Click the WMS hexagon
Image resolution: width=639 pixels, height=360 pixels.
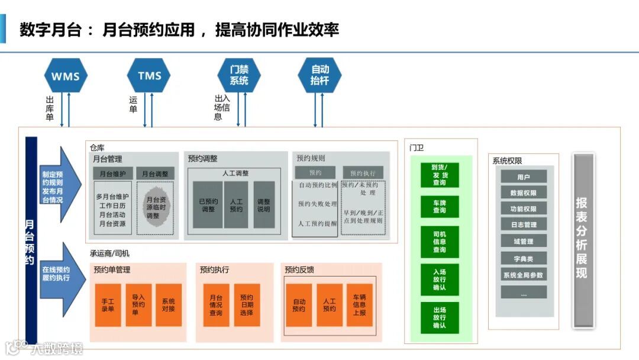[x=66, y=76]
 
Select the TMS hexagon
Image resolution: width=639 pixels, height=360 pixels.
[x=149, y=76]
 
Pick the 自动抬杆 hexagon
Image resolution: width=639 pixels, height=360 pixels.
[x=319, y=75]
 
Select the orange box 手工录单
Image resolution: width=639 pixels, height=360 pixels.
[x=108, y=305]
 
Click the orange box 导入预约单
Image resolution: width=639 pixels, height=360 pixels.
[x=138, y=305]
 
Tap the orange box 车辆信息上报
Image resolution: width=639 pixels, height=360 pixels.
[x=359, y=305]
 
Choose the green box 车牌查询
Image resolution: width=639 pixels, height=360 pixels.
[x=440, y=206]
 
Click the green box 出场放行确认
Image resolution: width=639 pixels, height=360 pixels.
[x=440, y=318]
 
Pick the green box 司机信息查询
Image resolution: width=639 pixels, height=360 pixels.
[x=440, y=242]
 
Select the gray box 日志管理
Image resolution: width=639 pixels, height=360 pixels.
[x=524, y=224]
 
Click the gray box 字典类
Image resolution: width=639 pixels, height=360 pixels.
[x=524, y=258]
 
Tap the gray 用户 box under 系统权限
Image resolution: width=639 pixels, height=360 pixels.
[x=524, y=176]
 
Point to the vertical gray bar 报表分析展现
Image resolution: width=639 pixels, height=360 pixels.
[x=583, y=240]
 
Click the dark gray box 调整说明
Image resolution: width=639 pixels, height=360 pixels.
[x=264, y=205]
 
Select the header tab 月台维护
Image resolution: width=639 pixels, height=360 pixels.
[x=112, y=173]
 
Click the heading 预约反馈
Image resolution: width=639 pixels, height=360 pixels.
[x=299, y=270]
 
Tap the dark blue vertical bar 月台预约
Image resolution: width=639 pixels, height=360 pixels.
[x=31, y=240]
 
